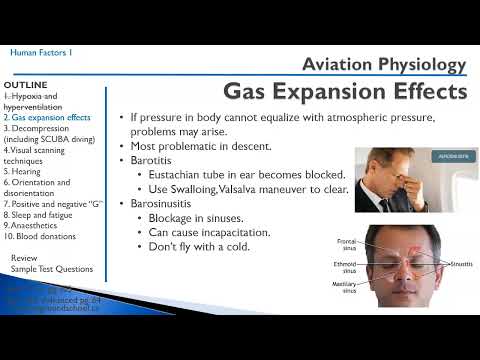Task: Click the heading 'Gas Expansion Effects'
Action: (x=345, y=92)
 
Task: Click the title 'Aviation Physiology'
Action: (x=384, y=65)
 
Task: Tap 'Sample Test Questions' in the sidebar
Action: (x=51, y=269)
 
